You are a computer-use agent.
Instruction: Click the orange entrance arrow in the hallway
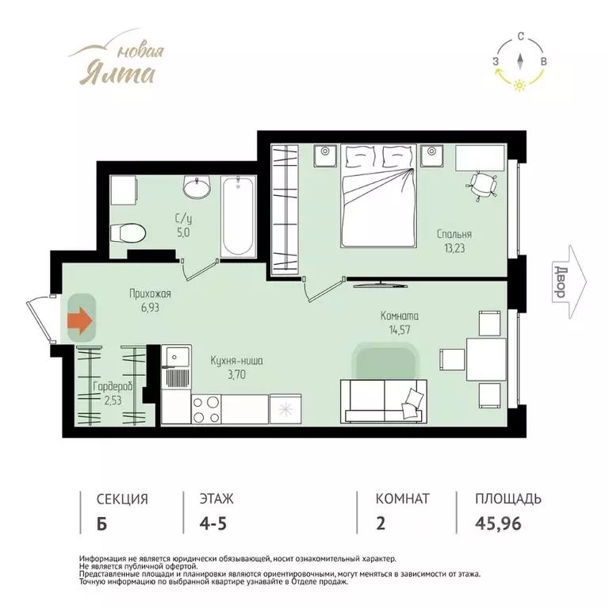[80, 320]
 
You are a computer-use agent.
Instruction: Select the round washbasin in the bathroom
[197, 188]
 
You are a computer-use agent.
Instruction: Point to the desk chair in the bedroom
[482, 186]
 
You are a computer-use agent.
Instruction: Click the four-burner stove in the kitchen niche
[206, 409]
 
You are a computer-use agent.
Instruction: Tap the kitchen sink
[177, 356]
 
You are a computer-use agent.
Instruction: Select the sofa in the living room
[384, 401]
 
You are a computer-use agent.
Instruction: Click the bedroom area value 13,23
[454, 248]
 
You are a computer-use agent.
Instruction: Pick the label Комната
[400, 316]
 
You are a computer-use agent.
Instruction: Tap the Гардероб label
[113, 387]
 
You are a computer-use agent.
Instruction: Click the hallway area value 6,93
[150, 308]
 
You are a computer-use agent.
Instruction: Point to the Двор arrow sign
[569, 282]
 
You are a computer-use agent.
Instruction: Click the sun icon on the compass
[519, 85]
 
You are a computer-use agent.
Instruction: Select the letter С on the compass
[521, 37]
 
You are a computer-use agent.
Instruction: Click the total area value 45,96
[498, 523]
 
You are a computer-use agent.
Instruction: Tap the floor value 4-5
[213, 523]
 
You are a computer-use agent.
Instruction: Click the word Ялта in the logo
[117, 73]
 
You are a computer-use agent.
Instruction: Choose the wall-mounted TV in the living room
[381, 285]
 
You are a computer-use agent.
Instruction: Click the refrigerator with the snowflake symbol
[285, 409]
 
